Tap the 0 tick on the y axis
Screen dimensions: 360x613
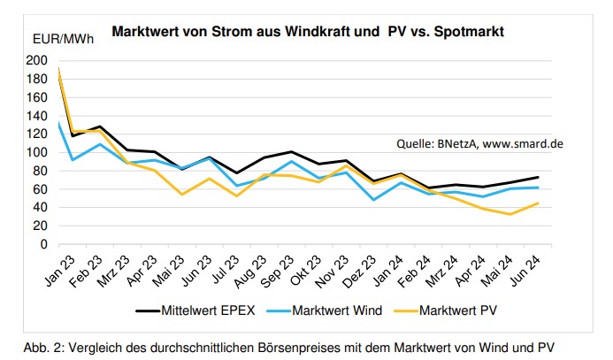pyautogui.click(x=43, y=244)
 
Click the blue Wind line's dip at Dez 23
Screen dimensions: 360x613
pyautogui.click(x=372, y=199)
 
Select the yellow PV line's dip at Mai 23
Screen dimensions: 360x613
pyautogui.click(x=180, y=194)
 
